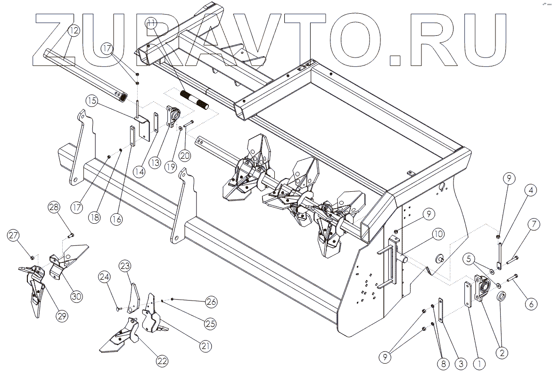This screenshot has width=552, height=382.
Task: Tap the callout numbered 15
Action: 91,100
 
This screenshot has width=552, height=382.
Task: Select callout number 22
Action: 162,361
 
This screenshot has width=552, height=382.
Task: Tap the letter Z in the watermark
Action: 52,40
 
